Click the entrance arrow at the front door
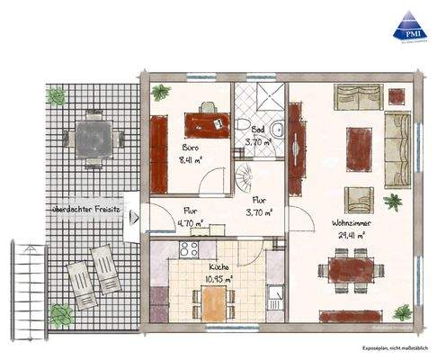point(134,217)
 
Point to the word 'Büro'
point(191,146)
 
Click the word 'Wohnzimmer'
point(352,222)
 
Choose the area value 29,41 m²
point(351,236)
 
